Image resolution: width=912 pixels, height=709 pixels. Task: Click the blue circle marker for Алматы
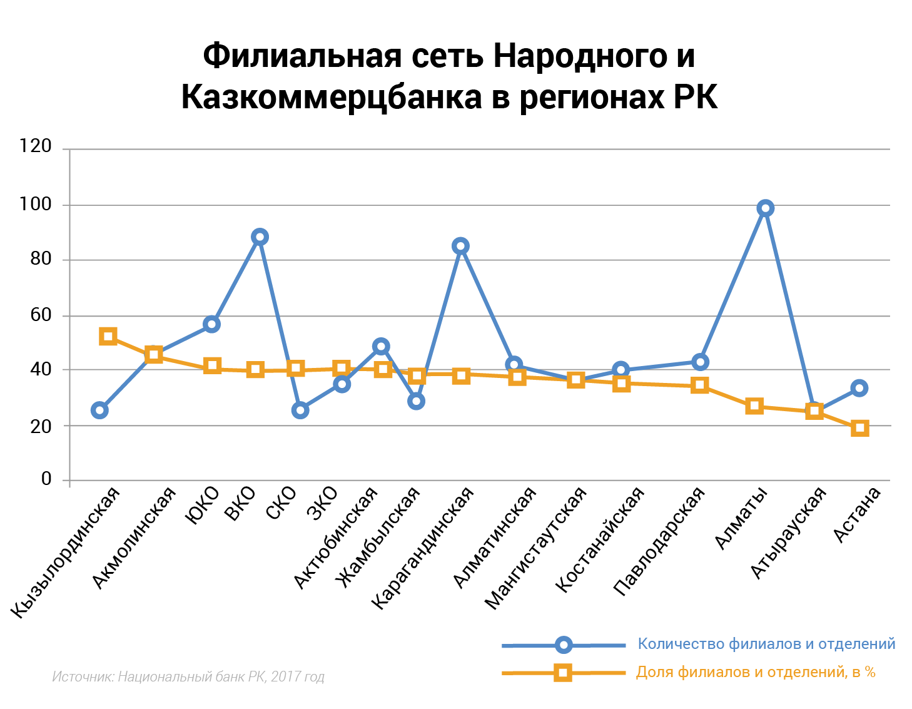765,208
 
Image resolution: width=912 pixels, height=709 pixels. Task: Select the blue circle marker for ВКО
260,237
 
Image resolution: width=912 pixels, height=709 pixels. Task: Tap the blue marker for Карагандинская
460,246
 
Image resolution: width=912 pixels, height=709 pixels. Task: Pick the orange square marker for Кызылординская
108,337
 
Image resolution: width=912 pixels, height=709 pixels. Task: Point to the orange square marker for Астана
860,428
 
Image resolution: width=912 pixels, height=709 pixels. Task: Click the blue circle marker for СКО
300,411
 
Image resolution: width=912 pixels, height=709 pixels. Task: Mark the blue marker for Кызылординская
99,411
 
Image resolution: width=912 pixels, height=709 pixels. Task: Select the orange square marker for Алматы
754,406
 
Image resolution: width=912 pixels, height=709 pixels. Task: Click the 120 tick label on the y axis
36,146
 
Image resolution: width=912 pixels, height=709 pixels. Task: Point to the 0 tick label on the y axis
46,479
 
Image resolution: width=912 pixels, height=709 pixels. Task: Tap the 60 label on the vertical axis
40,314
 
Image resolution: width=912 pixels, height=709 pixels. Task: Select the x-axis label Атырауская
789,533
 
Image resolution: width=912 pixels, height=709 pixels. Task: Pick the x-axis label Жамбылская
377,538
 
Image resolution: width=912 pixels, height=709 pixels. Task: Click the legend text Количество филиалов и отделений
766,644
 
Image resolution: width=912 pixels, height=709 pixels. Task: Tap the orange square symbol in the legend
563,673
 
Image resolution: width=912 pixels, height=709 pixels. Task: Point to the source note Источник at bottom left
188,676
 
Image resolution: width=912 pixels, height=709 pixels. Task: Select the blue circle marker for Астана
859,388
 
